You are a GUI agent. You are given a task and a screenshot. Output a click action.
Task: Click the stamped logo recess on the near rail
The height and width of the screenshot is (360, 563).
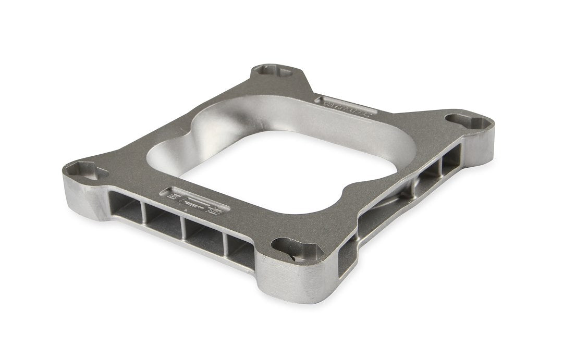(193, 200)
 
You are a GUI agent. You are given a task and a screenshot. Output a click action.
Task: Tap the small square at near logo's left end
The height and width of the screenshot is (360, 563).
(171, 195)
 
